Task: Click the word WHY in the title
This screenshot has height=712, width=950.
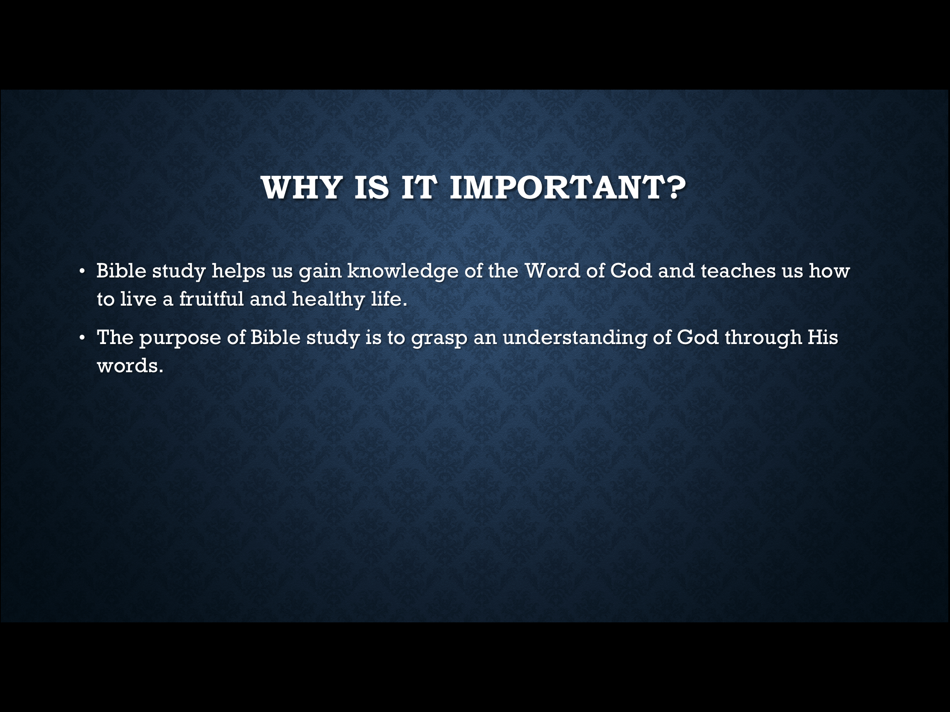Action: pos(302,187)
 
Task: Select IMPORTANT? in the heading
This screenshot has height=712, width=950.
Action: pos(567,187)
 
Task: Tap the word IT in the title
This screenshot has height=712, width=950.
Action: pos(419,187)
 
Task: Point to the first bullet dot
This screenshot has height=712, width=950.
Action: pos(82,271)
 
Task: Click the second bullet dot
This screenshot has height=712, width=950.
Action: pos(82,338)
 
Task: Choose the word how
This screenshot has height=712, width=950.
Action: pos(829,271)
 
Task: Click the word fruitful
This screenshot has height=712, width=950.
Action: pos(211,299)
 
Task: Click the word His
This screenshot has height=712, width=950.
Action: pos(823,337)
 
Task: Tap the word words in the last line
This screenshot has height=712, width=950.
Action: pos(130,365)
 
